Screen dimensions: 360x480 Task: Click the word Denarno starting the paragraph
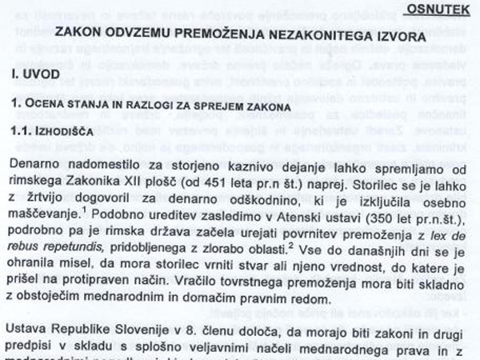point(39,164)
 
